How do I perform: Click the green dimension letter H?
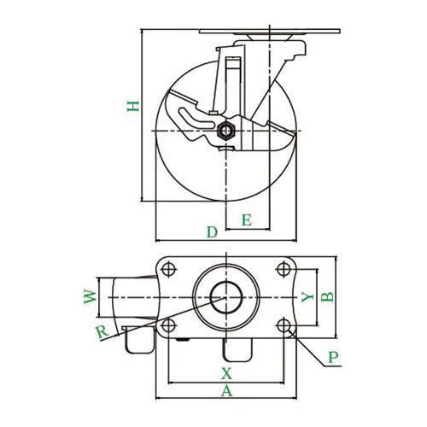tap(133, 106)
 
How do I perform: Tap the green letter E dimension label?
tap(247, 220)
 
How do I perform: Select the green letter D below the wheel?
tap(212, 232)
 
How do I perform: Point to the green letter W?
tap(91, 297)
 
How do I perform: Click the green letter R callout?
tap(102, 332)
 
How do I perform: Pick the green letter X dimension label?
tap(226, 373)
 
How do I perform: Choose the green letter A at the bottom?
tap(226, 391)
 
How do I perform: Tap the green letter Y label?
tap(307, 297)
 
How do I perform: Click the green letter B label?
tap(327, 297)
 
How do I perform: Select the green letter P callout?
tap(333, 357)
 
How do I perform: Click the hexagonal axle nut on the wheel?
tap(225, 132)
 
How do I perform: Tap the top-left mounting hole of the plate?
tap(168, 269)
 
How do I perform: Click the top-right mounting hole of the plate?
tap(284, 269)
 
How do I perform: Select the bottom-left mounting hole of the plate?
tap(168, 325)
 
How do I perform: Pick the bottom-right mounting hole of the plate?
tap(284, 325)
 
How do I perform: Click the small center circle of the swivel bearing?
tap(226, 297)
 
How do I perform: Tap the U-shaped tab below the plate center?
tap(238, 350)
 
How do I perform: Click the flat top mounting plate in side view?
tap(270, 32)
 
